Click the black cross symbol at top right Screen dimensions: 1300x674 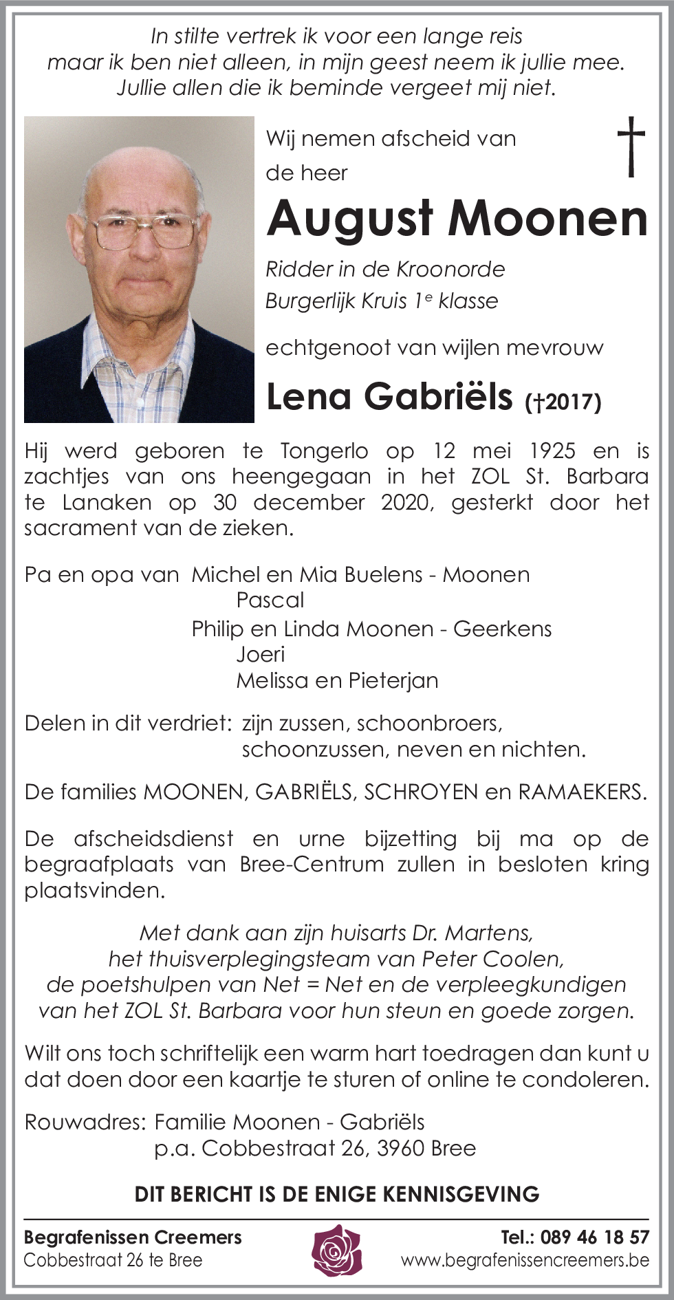point(631,146)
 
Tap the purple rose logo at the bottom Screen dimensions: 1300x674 point(337,1249)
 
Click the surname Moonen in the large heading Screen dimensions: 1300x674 point(548,219)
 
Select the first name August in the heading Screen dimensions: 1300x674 point(350,219)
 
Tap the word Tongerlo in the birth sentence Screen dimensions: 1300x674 point(324,451)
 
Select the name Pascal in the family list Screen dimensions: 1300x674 point(270,600)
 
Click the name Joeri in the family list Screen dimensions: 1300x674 point(260,654)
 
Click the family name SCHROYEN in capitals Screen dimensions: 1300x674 point(420,792)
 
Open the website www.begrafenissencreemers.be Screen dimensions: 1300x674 point(525,1260)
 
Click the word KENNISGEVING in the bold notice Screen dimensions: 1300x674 point(460,1194)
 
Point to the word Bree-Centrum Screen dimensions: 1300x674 point(312,865)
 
